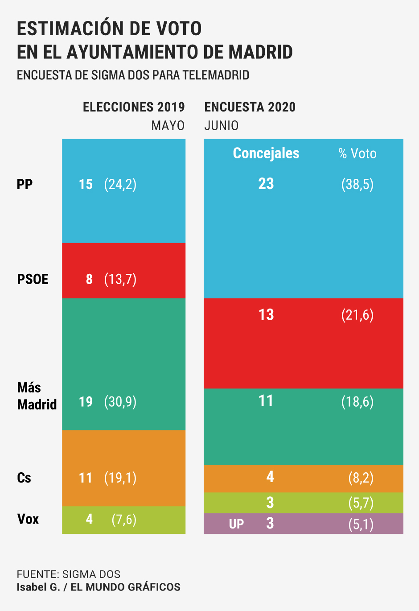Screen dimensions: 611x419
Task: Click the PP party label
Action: click(x=25, y=184)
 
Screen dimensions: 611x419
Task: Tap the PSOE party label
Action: click(x=33, y=279)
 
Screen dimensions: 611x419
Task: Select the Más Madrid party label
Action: click(x=37, y=396)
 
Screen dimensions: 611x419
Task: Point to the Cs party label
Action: click(x=24, y=478)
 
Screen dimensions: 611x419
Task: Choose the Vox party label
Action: click(x=28, y=519)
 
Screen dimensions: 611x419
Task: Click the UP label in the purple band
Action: click(x=236, y=524)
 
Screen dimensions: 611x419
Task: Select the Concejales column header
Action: click(x=266, y=153)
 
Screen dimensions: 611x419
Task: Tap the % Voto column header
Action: click(x=357, y=154)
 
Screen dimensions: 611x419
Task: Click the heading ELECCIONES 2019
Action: click(x=134, y=107)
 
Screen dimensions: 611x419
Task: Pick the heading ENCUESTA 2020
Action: click(x=250, y=107)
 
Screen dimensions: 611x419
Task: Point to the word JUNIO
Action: click(x=222, y=126)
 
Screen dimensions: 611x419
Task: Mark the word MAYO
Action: click(x=168, y=126)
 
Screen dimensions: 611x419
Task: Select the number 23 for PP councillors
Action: click(x=266, y=184)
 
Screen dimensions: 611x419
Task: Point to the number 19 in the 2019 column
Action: click(x=86, y=402)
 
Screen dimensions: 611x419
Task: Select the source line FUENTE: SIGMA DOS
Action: click(x=69, y=574)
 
